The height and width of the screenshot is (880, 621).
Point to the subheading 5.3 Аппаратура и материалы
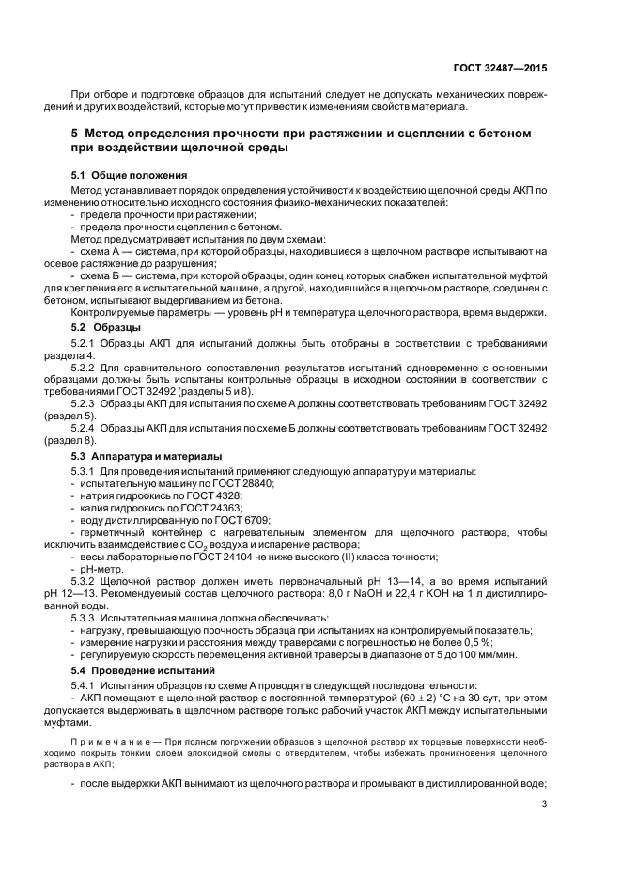point(146,456)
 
